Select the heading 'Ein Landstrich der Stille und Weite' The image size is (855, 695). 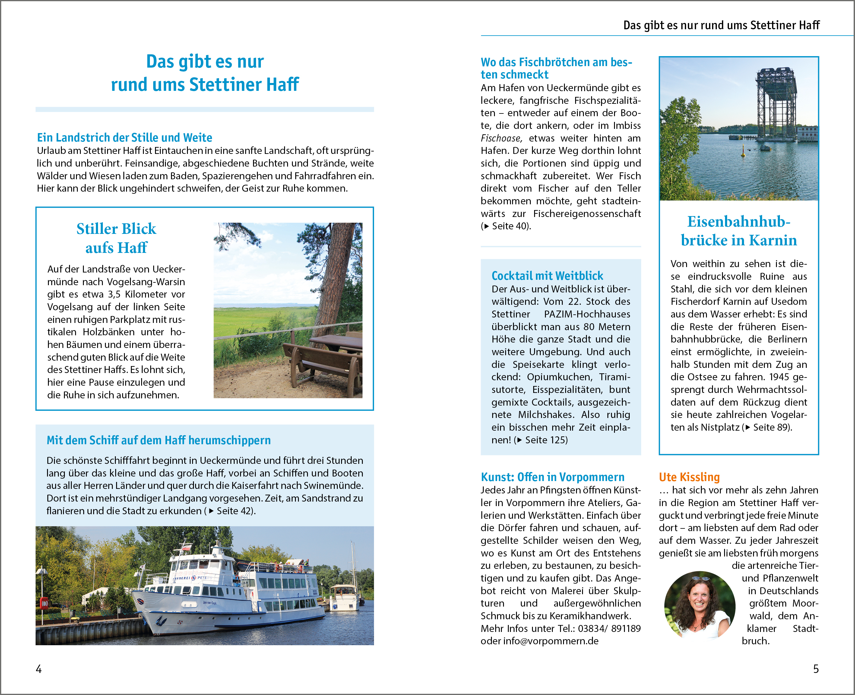click(x=125, y=137)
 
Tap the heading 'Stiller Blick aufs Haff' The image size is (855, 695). click(x=116, y=238)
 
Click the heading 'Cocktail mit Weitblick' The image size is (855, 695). click(x=547, y=276)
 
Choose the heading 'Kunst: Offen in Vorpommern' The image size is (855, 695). click(x=552, y=477)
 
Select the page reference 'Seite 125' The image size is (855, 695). click(x=546, y=440)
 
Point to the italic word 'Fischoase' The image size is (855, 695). click(x=501, y=138)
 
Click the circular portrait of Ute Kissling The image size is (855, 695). click(x=699, y=604)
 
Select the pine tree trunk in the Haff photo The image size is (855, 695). click(x=334, y=280)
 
